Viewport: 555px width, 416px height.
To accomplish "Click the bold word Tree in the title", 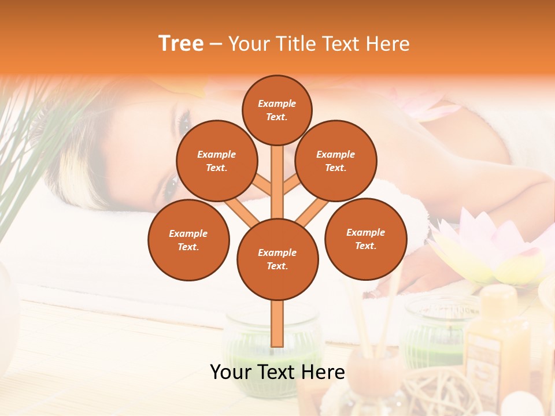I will tap(181, 44).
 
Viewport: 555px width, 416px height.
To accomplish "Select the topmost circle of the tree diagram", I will tap(277, 110).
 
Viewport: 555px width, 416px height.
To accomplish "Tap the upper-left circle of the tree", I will tap(217, 161).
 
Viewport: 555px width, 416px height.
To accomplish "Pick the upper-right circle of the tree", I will tap(336, 161).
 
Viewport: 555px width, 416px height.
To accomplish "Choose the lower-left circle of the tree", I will tap(188, 240).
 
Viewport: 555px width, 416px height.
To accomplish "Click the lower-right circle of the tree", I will tap(366, 239).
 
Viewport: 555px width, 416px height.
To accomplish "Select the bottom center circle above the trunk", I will tap(277, 259).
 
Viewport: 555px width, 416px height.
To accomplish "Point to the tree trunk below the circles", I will tap(277, 324).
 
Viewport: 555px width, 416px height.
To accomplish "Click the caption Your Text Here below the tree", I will tap(277, 372).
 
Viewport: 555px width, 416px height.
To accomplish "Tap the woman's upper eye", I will tap(184, 122).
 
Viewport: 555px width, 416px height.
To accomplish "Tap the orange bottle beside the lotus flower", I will tap(497, 341).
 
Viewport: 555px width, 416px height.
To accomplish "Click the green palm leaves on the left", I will tap(35, 150).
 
